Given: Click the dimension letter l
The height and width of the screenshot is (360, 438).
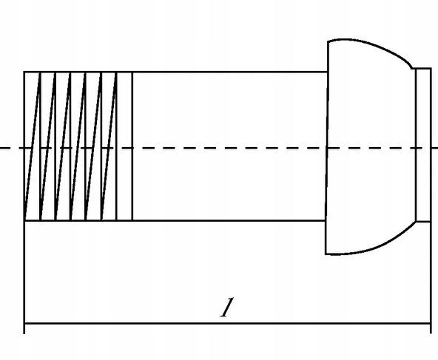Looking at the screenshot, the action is pyautogui.click(x=226, y=308).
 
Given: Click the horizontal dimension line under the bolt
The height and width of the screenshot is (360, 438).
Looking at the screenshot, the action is pyautogui.click(x=227, y=324).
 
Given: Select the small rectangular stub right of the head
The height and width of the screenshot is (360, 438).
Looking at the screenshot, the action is pyautogui.click(x=423, y=145).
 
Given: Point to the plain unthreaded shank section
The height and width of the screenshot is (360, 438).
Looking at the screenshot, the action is pyautogui.click(x=229, y=146).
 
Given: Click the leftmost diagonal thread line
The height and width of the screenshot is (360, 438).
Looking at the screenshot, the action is pyautogui.click(x=32, y=146).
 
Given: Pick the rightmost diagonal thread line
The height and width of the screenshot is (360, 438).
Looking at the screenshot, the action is pyautogui.click(x=109, y=146).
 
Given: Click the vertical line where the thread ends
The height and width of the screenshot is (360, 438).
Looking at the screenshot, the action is pyautogui.click(x=132, y=146).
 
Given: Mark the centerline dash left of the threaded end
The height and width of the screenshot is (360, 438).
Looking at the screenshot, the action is pyautogui.click(x=6, y=148).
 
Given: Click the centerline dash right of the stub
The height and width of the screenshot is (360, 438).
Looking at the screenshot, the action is pyautogui.click(x=434, y=148).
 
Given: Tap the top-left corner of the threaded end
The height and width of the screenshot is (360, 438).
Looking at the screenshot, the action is pyautogui.click(x=24, y=72).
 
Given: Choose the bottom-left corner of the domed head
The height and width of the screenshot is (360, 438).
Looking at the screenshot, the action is pyautogui.click(x=326, y=254).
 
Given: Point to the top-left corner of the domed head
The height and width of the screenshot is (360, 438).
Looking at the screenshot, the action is pyautogui.click(x=328, y=42).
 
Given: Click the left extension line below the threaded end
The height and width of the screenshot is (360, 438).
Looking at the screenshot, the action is pyautogui.click(x=24, y=277).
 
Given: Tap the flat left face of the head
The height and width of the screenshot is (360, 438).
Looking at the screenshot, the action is pyautogui.click(x=327, y=148).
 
